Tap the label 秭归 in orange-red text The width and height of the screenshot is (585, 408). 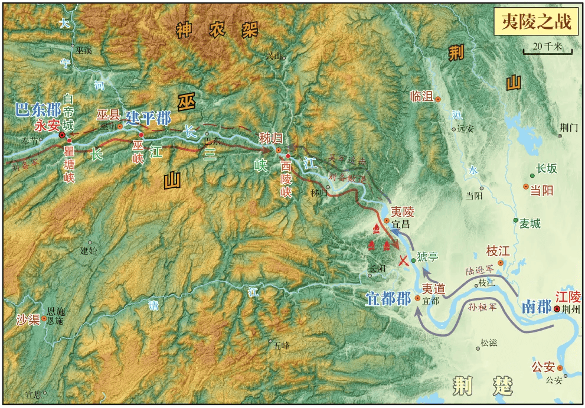(x=270, y=138)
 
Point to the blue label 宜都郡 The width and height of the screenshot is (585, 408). (x=388, y=298)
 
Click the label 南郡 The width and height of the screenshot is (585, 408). (x=537, y=306)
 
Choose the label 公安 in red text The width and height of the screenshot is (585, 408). (x=543, y=367)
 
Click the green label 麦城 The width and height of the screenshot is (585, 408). (x=530, y=224)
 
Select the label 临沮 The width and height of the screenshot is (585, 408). (x=421, y=97)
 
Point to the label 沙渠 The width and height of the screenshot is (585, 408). (x=28, y=319)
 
